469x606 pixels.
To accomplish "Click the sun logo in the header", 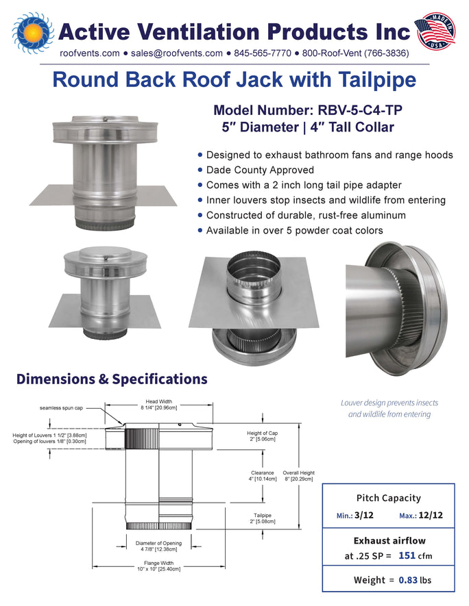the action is [x=34, y=32].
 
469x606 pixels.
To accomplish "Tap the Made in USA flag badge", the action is [x=435, y=31].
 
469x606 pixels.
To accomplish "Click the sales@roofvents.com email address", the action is [x=177, y=53].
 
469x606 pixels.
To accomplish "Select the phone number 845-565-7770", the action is [x=263, y=53].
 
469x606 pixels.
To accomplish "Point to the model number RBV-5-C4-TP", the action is [x=360, y=110].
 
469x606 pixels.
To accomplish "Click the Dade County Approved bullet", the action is [x=256, y=170].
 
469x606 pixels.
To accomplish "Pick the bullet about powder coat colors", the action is [x=290, y=230].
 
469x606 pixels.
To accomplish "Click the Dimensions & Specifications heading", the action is [x=112, y=379].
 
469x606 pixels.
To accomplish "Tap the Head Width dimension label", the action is [x=158, y=405].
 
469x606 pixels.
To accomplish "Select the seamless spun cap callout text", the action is [x=61, y=408].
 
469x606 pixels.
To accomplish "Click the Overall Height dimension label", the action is [x=299, y=476].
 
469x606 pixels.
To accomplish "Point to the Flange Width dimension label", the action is [x=158, y=566].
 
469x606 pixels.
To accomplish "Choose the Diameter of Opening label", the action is [x=158, y=546].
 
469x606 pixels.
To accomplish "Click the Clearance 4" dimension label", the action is [x=263, y=476].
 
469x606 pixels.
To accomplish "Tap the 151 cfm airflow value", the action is [x=416, y=556].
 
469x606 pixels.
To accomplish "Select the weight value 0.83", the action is [x=408, y=580].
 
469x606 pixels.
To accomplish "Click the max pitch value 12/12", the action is [x=431, y=515].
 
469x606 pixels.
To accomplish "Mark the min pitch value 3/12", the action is [x=363, y=515].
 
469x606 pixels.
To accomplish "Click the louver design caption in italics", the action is [x=389, y=409].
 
